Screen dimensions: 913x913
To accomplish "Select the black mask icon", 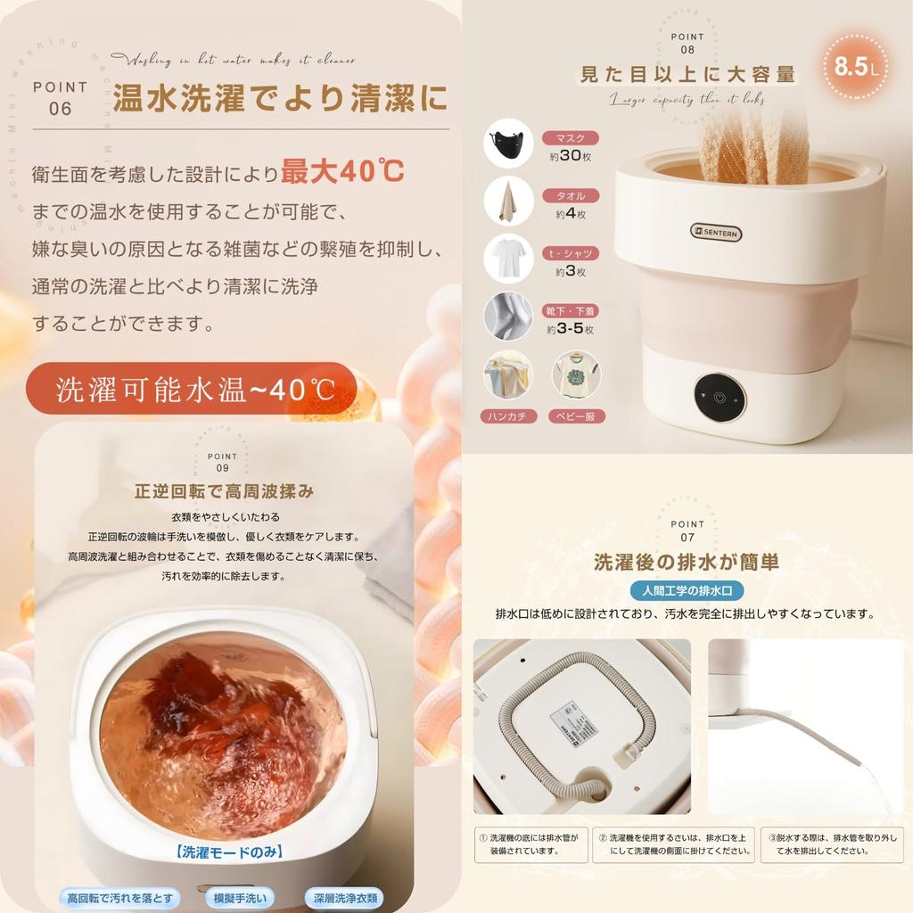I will [x=508, y=143].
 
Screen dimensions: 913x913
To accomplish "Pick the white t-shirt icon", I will [x=508, y=258].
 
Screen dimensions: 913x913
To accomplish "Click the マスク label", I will [x=571, y=138].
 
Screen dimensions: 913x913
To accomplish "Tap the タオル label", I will [x=571, y=196].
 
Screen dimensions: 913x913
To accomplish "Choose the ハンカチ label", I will [x=509, y=415].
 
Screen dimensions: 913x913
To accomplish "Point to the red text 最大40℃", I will [x=342, y=171].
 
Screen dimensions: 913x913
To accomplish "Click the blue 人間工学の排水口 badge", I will [x=687, y=590].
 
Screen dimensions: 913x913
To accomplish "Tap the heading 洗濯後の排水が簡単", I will [x=687, y=562].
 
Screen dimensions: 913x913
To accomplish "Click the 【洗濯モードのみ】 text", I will [x=229, y=852].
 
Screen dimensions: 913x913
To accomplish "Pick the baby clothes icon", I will [x=576, y=374].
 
